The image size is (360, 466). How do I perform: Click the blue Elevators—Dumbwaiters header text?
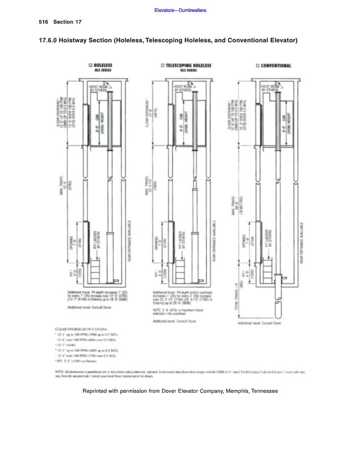[180, 10]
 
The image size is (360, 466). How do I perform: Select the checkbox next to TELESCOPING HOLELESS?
[162, 66]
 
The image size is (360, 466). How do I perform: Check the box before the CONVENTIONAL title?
[258, 66]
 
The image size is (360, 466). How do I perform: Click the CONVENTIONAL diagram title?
[276, 66]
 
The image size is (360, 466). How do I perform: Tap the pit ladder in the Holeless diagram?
[96, 268]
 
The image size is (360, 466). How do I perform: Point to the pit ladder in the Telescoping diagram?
[181, 268]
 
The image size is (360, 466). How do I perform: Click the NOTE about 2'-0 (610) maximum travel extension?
[177, 312]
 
